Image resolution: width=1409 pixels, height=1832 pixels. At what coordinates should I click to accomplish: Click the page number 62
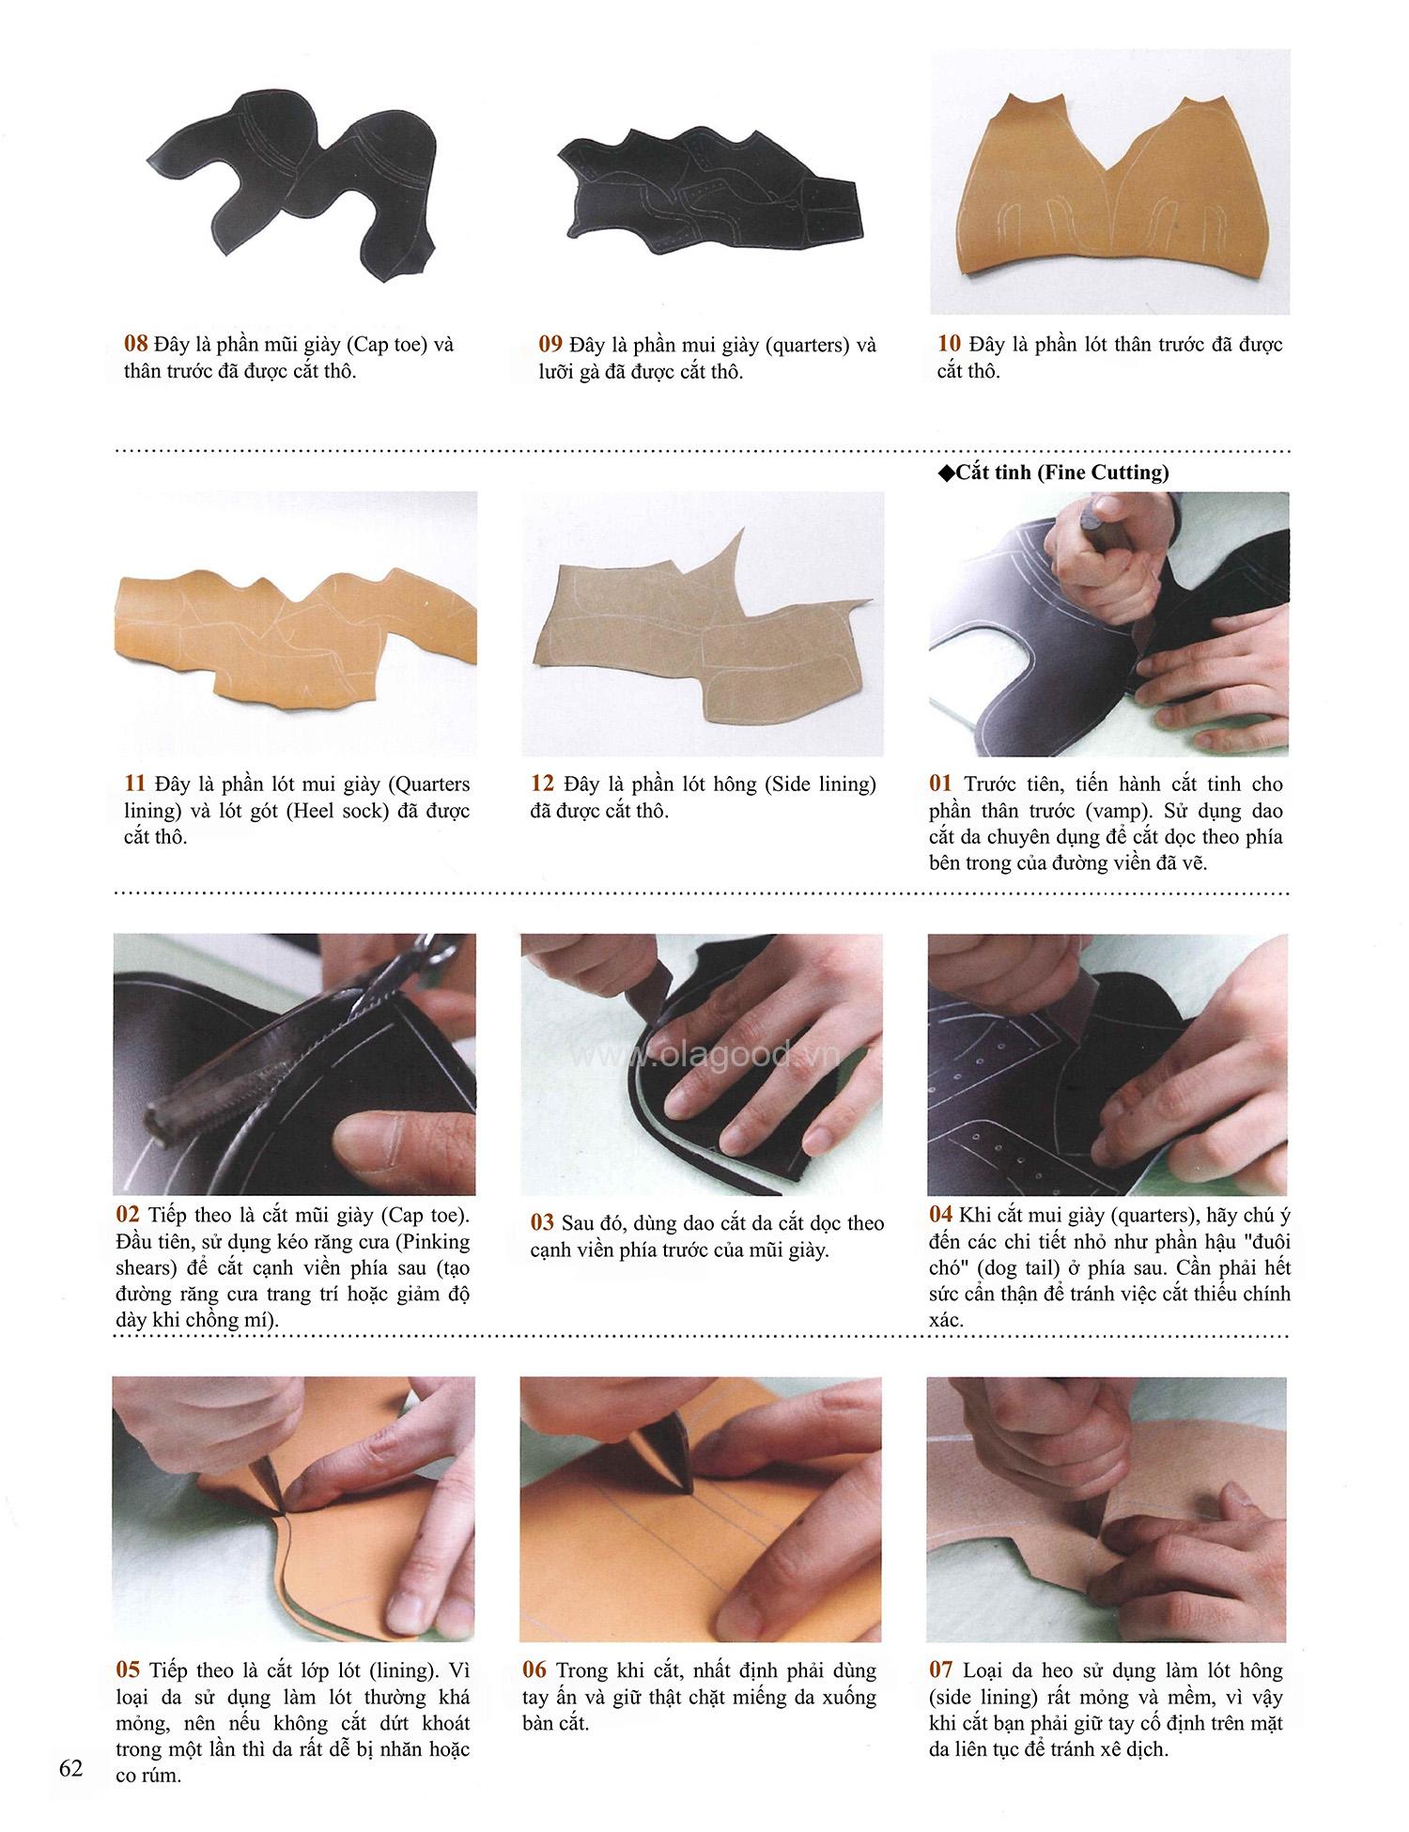[70, 1769]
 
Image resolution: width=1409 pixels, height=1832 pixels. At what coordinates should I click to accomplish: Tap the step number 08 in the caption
[136, 344]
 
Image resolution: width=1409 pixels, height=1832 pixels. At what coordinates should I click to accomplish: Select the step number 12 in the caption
[542, 784]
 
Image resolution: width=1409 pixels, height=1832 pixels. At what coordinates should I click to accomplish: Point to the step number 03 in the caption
[543, 1222]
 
